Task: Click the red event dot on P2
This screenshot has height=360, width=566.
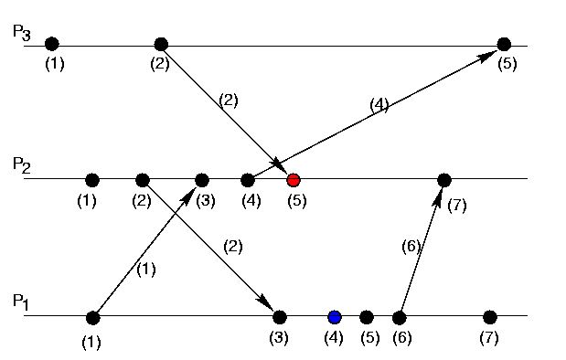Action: click(x=294, y=180)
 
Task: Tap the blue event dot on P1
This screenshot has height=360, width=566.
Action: click(x=335, y=317)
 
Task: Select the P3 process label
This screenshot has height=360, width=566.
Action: click(x=22, y=32)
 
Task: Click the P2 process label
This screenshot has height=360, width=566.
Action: click(x=22, y=166)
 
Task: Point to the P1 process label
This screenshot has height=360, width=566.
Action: click(x=21, y=302)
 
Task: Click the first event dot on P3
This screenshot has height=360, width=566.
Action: click(x=52, y=44)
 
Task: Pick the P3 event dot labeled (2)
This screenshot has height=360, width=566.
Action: click(x=161, y=44)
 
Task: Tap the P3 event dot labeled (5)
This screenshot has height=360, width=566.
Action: click(x=504, y=44)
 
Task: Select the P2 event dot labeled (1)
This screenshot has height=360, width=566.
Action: click(x=92, y=180)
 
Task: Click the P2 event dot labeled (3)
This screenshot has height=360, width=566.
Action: click(x=202, y=180)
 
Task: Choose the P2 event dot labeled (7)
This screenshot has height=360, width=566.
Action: click(x=444, y=180)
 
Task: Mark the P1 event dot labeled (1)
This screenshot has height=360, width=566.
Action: click(x=92, y=318)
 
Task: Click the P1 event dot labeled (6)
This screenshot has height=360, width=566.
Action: click(x=400, y=317)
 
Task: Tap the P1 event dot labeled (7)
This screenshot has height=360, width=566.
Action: click(x=489, y=317)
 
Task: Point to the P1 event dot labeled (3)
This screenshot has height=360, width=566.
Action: click(x=280, y=317)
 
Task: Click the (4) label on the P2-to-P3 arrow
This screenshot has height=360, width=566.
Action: click(x=379, y=105)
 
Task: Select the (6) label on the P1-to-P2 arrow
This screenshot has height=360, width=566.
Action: click(x=411, y=247)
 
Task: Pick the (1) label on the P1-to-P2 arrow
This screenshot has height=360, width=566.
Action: click(x=146, y=270)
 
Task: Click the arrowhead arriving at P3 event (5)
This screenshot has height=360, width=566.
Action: click(x=488, y=56)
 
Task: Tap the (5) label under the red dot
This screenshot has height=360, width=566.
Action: click(x=297, y=201)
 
